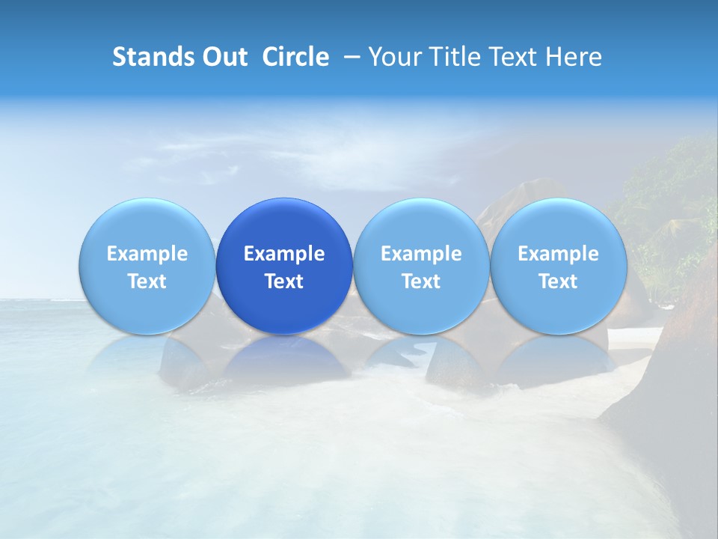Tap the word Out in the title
point(223,57)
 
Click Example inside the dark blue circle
point(284,254)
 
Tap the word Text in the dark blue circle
point(284,281)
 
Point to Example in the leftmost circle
point(147,254)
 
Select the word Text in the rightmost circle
point(558,281)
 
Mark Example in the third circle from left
point(421,254)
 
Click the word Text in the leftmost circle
point(147,281)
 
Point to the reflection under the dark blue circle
point(284,359)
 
